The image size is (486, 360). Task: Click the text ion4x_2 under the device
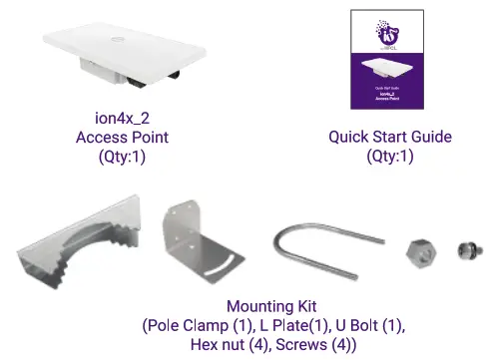(x=122, y=118)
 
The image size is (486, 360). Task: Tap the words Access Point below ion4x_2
(x=122, y=137)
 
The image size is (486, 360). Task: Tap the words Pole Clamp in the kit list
(x=190, y=325)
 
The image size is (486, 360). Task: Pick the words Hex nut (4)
(x=229, y=344)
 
